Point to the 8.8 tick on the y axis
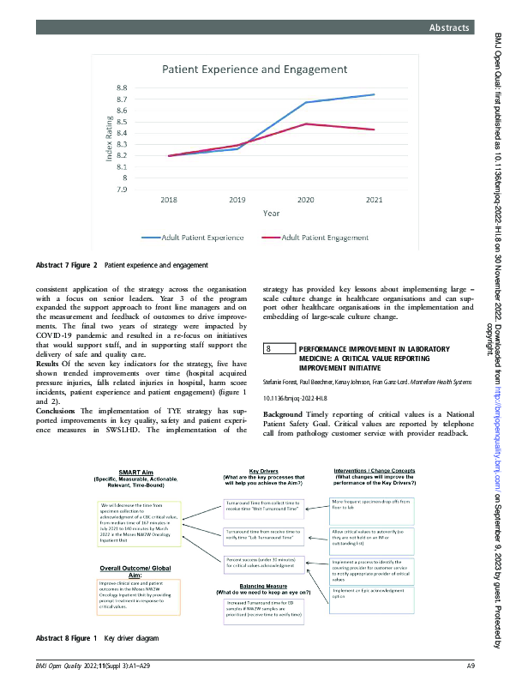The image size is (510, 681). click(x=123, y=88)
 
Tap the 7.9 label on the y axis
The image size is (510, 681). click(x=123, y=189)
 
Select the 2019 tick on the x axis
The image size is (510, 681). click(x=237, y=200)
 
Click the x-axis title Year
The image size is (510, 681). click(x=270, y=213)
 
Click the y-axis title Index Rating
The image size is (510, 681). click(x=110, y=139)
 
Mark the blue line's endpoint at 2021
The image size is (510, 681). click(x=374, y=94)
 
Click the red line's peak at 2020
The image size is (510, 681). click(x=306, y=124)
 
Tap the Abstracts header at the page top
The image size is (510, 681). click(x=449, y=28)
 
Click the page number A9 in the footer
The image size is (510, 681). click(x=470, y=666)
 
